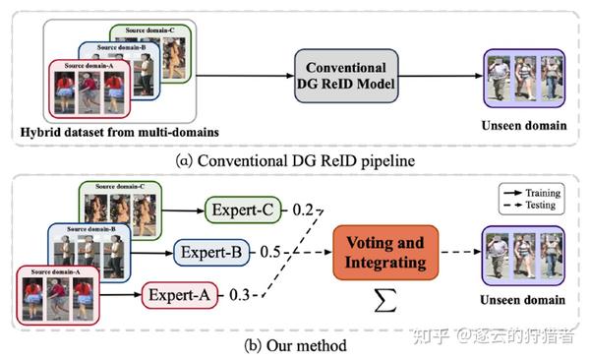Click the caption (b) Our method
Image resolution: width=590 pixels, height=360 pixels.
tap(295, 344)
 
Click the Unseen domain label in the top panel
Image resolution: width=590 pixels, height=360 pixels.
tap(524, 125)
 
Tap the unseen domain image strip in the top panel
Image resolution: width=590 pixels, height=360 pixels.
tap(524, 78)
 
